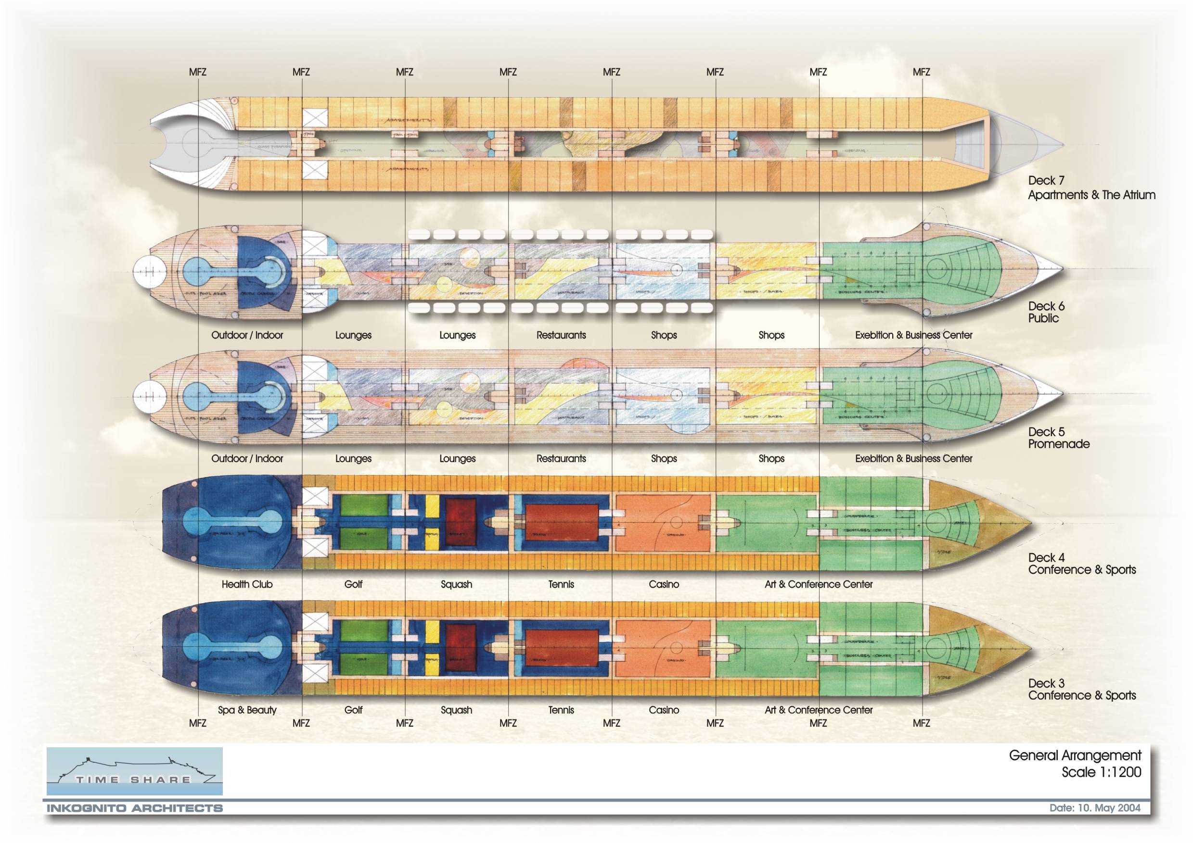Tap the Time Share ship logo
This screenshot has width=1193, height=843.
click(x=135, y=771)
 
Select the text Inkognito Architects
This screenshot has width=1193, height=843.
click(x=135, y=808)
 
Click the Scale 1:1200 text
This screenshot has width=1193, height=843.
click(x=1101, y=772)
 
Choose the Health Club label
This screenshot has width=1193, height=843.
click(x=247, y=584)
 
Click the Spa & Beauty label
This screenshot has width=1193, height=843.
click(x=247, y=710)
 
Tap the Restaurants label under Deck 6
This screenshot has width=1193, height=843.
click(x=561, y=335)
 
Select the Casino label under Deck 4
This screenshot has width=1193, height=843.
click(x=664, y=584)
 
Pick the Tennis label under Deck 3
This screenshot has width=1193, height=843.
click(x=561, y=710)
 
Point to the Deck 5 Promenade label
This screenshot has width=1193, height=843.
click(x=1058, y=438)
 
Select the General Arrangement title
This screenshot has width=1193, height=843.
click(x=1075, y=755)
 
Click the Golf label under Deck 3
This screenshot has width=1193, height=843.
click(x=353, y=710)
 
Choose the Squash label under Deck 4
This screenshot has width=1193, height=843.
click(x=456, y=584)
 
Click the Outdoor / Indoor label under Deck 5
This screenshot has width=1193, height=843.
click(x=247, y=458)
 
